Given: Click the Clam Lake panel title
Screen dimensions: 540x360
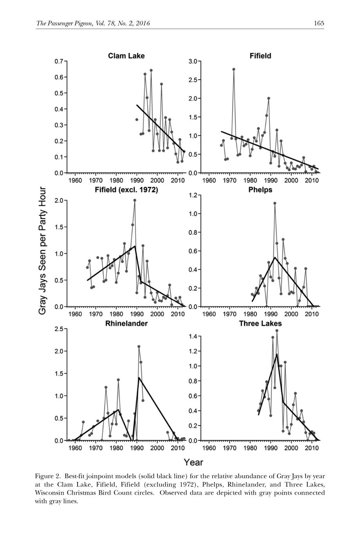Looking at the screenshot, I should [126, 56].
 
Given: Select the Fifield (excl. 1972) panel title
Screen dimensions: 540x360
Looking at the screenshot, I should [126, 190].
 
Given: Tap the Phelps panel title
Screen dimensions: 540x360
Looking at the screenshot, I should [260, 190].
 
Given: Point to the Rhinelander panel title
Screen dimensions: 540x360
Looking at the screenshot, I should [126, 324].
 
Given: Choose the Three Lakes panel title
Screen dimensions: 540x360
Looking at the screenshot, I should [260, 324].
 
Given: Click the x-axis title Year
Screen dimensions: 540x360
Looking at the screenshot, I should [193, 462].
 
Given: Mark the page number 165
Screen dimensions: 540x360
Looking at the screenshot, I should [319, 23].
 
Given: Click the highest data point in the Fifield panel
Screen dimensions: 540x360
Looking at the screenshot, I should [234, 69].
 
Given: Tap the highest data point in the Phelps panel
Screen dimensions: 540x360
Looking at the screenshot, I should [275, 203].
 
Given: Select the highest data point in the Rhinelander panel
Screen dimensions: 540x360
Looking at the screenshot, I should [139, 346].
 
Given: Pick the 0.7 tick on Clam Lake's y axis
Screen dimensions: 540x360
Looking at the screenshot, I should [59, 61].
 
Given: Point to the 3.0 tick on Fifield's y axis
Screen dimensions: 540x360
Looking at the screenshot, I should [193, 61].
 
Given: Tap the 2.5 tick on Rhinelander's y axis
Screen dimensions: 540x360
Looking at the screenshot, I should [59, 329].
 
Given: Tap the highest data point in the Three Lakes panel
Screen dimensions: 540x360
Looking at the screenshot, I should [277, 331].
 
